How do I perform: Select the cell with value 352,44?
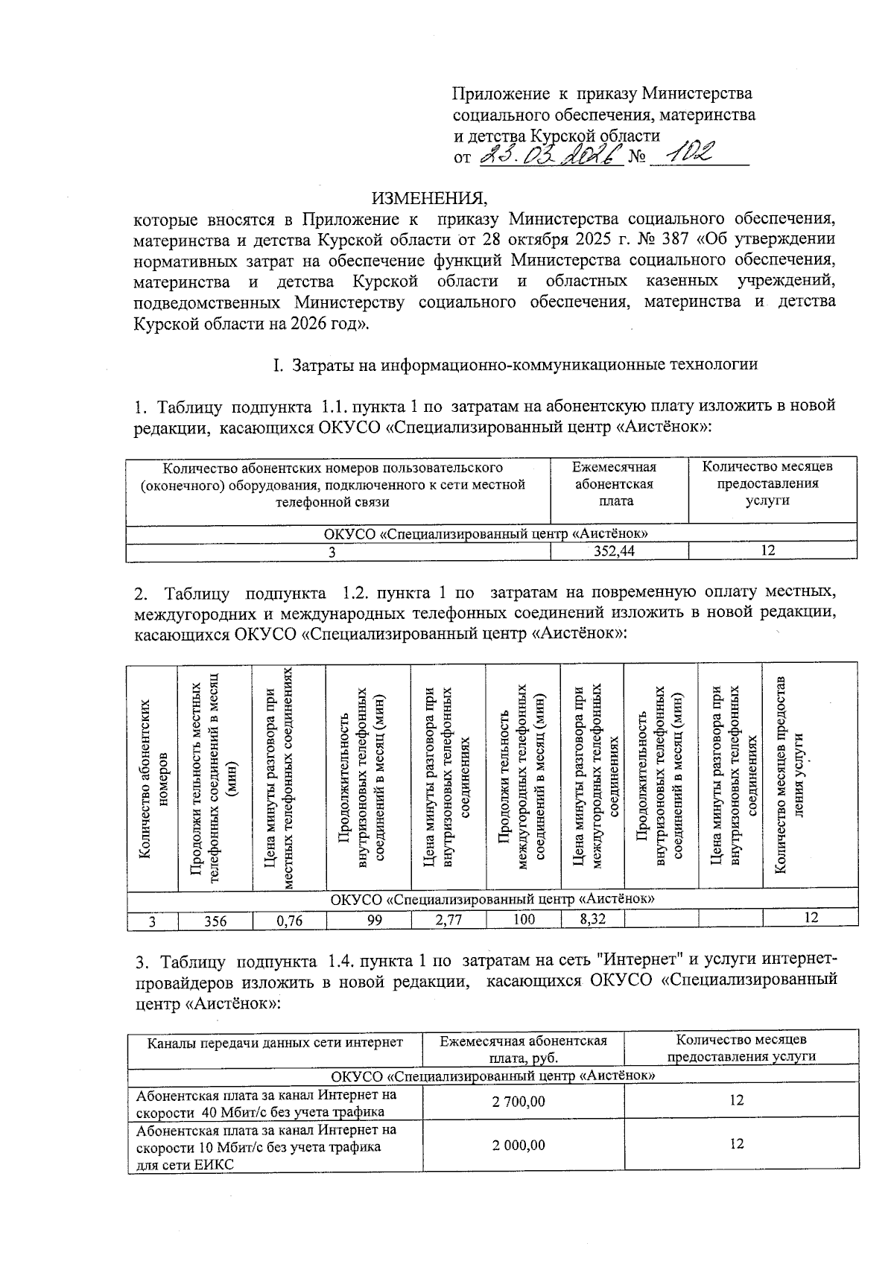pos(619,551)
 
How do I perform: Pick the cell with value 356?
pos(215,921)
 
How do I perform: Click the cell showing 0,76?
pos(289,921)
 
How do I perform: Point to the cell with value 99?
pos(375,920)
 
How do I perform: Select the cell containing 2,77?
pos(448,920)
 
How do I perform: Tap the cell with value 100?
pos(524,919)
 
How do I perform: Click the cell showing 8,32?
pos(592,919)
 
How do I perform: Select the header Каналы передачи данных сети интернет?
pos(275,1043)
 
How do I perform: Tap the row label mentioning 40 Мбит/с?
pos(267,1103)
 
